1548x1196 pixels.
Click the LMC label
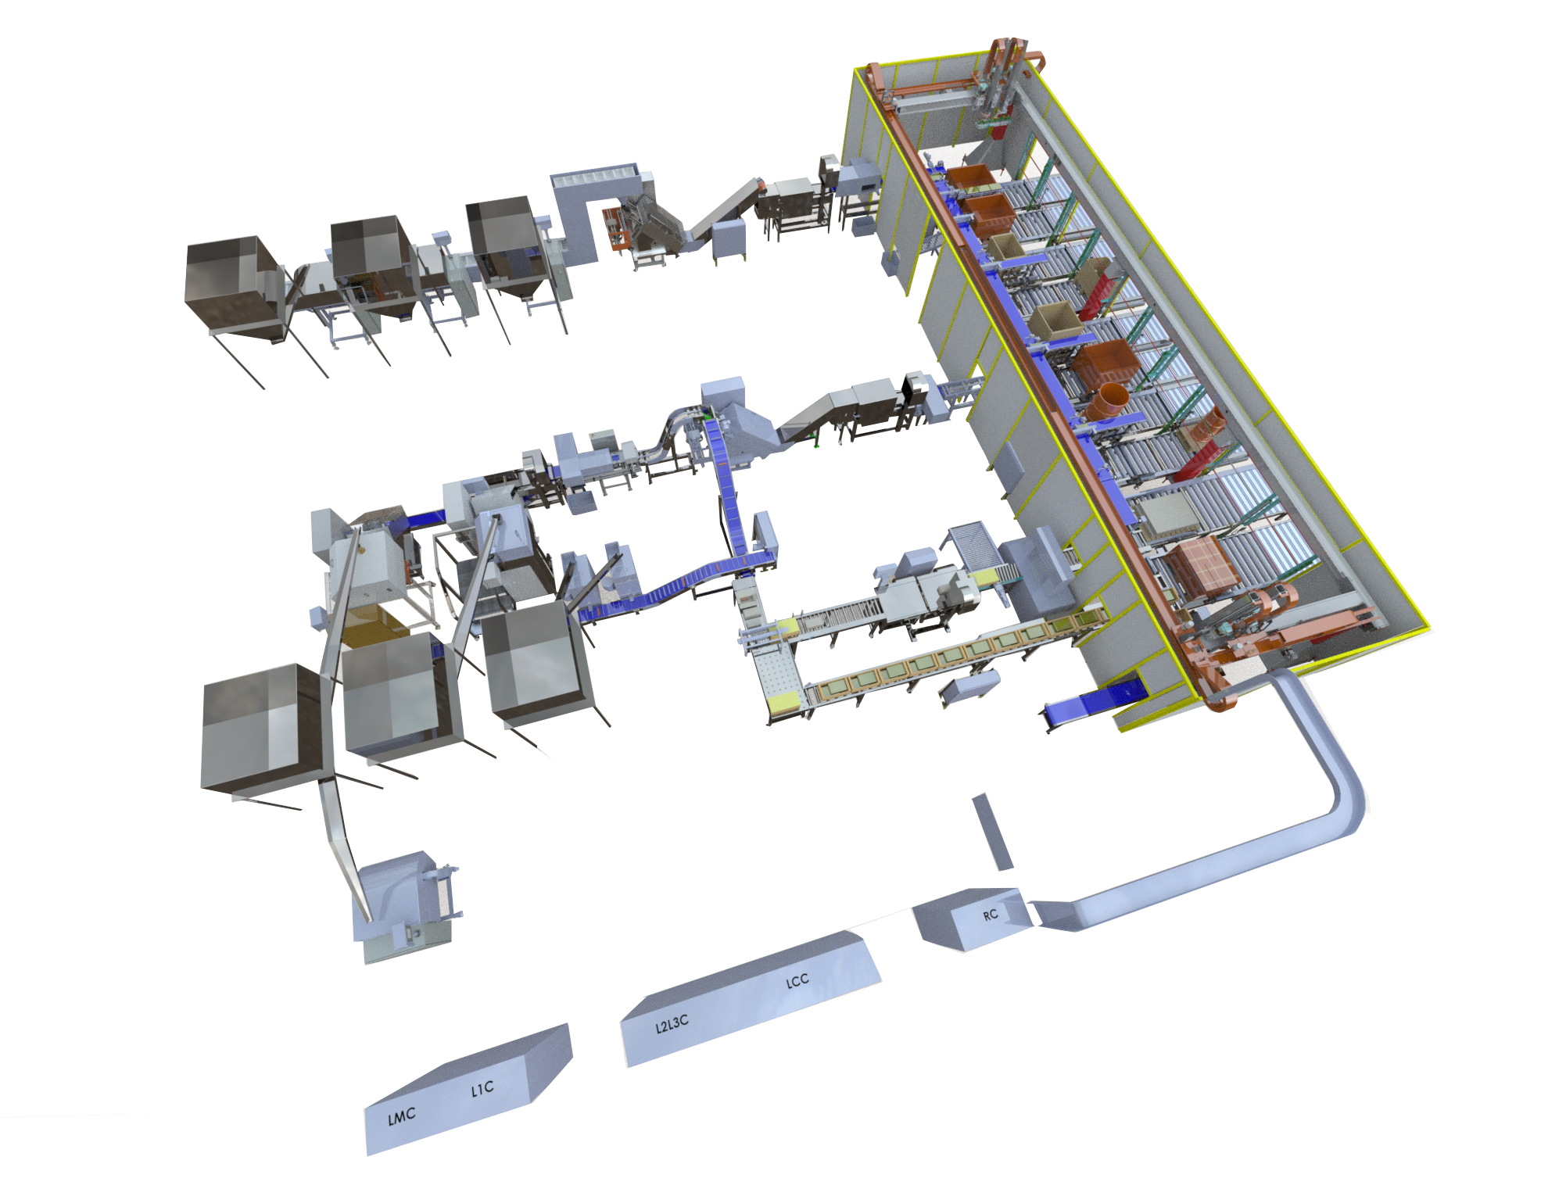click(x=402, y=1117)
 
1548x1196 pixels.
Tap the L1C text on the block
click(x=482, y=1088)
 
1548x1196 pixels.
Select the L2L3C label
click(x=672, y=1023)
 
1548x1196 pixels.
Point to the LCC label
click(x=797, y=981)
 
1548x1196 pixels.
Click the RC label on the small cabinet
click(x=991, y=915)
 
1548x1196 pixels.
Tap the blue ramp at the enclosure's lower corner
click(x=1095, y=704)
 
